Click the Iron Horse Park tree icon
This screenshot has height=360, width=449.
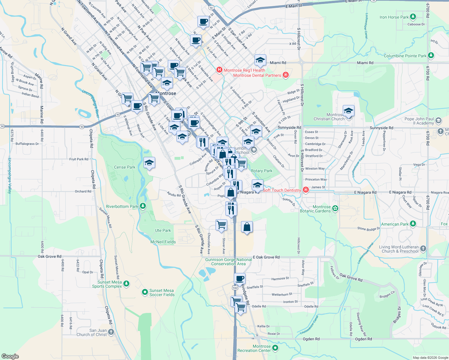coord(413,17)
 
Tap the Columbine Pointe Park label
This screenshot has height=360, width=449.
coord(405,56)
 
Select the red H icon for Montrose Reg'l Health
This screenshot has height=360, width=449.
coord(219,70)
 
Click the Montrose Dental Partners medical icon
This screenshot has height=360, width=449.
coord(286,75)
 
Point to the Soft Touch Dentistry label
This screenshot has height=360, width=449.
coord(282,190)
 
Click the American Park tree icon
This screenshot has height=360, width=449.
coord(413,224)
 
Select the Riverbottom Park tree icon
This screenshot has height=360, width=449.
coord(143,206)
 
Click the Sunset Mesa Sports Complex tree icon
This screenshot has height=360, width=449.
coord(126,283)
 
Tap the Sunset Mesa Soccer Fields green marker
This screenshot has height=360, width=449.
coord(145,292)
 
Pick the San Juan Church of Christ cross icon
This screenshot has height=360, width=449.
coord(111,332)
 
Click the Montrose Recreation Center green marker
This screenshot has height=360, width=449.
coord(275,348)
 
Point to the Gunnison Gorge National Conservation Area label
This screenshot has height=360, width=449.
coord(228,262)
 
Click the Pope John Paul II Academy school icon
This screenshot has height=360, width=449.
coord(438,121)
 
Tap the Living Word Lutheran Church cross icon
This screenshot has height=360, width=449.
coord(423,248)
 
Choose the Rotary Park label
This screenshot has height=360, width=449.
coord(261,171)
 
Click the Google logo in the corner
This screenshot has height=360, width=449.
coord(10,356)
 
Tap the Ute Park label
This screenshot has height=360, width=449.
coord(163,230)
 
